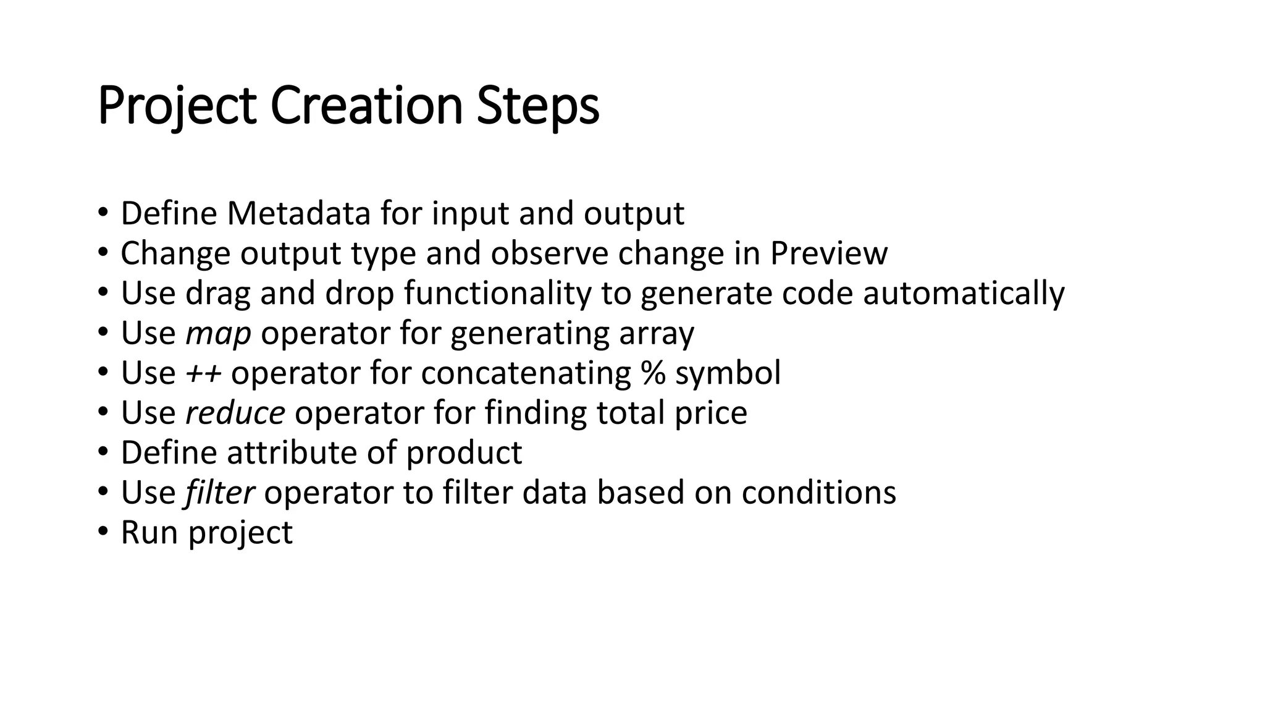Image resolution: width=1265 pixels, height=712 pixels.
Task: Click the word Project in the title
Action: [x=177, y=106]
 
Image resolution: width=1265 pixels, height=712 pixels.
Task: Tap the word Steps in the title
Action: [x=537, y=106]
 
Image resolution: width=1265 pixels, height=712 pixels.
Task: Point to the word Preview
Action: [x=828, y=253]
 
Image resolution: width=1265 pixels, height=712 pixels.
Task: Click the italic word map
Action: [x=218, y=334]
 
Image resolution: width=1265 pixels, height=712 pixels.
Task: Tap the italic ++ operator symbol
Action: [x=203, y=373]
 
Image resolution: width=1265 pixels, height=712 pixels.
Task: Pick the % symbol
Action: [x=653, y=373]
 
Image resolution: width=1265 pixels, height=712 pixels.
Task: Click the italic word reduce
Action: [x=235, y=413]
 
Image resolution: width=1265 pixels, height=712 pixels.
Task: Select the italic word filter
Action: [x=219, y=493]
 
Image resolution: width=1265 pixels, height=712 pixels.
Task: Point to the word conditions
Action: [x=818, y=493]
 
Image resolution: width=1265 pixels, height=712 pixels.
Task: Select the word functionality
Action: [x=498, y=294]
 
